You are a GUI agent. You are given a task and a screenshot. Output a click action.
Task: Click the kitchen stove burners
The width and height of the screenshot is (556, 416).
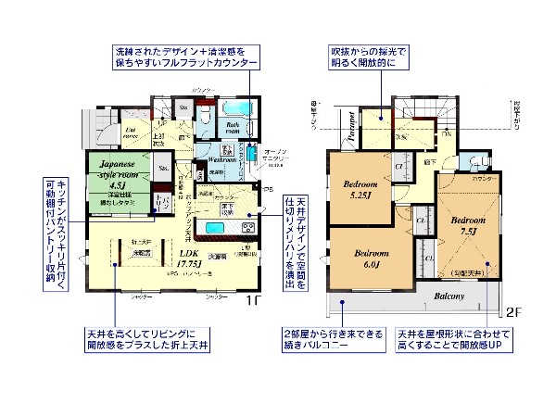click(x=249, y=227)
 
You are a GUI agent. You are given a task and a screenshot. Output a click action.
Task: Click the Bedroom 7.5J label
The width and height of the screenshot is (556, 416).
click(x=461, y=226)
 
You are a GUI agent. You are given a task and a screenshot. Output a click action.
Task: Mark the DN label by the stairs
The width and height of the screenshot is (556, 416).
click(x=446, y=133)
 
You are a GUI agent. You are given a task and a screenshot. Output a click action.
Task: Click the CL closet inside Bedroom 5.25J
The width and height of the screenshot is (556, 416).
click(x=398, y=168)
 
